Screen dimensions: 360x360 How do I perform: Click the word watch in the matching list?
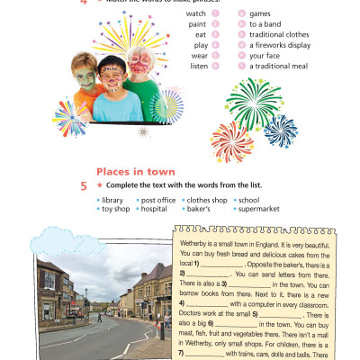195,15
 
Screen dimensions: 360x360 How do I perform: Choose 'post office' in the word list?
158,200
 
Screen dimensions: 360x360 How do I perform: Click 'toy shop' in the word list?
115,209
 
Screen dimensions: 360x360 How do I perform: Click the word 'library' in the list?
112,200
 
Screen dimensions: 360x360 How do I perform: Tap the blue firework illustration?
281,130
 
